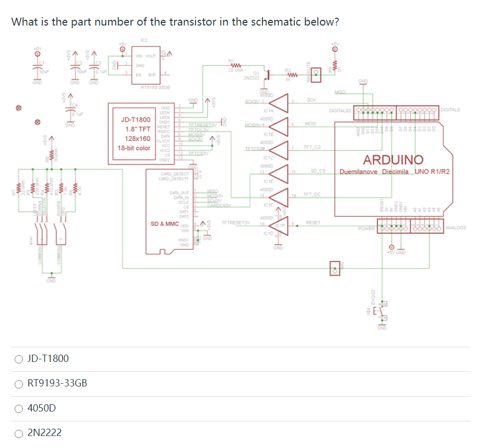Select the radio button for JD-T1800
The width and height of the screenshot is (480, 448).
click(19, 359)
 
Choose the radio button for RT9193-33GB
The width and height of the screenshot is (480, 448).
click(19, 383)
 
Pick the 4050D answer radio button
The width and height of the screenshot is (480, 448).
click(19, 408)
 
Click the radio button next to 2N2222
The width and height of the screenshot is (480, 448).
click(19, 432)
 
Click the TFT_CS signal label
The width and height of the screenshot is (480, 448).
click(312, 147)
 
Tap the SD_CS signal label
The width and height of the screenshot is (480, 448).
click(318, 171)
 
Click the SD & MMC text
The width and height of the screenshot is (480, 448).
click(165, 223)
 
